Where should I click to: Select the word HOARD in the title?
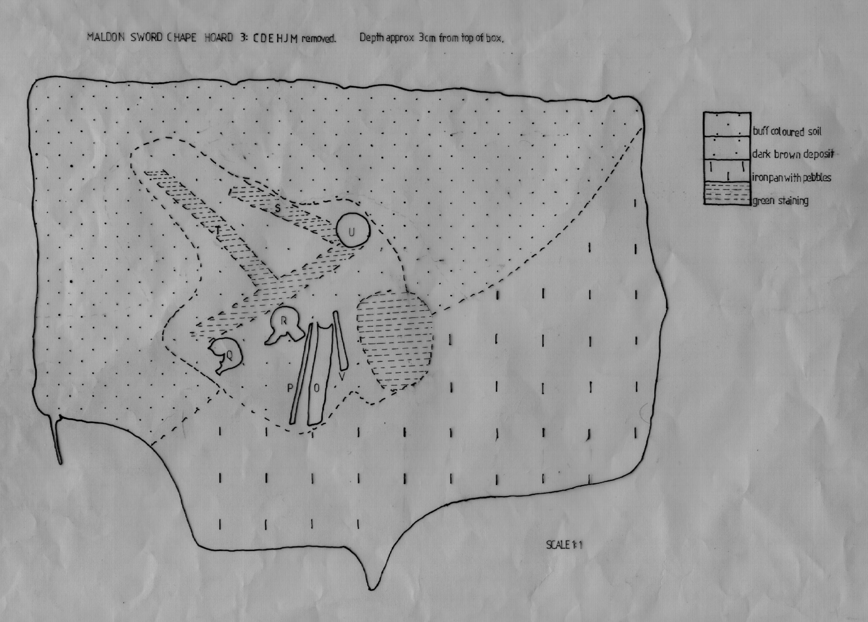pyautogui.click(x=218, y=37)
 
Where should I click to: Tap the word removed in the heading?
pyautogui.click(x=318, y=39)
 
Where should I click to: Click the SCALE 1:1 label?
pyautogui.click(x=564, y=545)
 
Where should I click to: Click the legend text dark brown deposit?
pyautogui.click(x=793, y=154)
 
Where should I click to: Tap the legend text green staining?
pyautogui.click(x=780, y=201)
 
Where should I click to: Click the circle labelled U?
pyautogui.click(x=353, y=230)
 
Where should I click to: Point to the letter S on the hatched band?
pyautogui.click(x=278, y=208)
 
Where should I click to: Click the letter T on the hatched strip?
pyautogui.click(x=218, y=230)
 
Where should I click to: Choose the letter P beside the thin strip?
pyautogui.click(x=290, y=388)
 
